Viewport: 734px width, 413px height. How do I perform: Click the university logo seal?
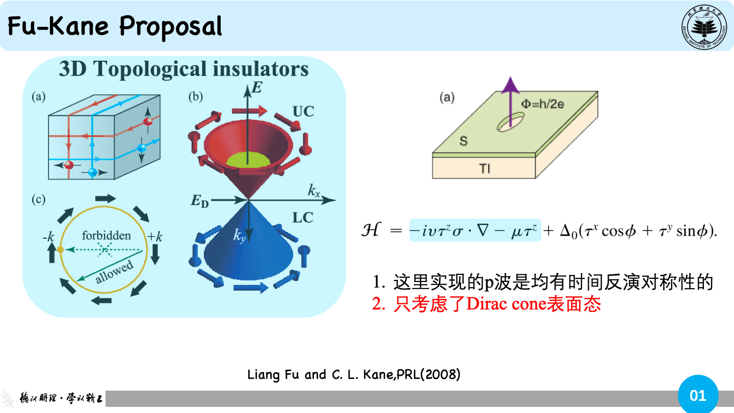704,27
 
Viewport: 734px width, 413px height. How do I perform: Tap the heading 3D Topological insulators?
184,69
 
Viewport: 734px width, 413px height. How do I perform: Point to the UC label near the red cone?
303,112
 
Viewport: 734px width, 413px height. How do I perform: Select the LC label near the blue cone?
302,217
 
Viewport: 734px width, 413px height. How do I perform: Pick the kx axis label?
314,191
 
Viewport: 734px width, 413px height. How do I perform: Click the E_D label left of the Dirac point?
200,200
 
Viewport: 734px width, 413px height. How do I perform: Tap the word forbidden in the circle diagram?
106,236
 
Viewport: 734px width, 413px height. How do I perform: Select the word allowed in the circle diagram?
114,271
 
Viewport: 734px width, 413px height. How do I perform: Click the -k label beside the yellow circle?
48,237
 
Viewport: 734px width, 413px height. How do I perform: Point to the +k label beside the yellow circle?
154,237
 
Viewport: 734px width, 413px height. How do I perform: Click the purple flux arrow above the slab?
510,101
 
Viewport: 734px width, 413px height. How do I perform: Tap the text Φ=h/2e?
542,104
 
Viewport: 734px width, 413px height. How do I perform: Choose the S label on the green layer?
463,141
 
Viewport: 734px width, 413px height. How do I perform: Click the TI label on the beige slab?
485,169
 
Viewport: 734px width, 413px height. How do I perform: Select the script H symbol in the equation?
371,230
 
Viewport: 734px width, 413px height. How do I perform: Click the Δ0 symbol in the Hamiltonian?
568,231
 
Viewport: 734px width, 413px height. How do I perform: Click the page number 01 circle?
698,395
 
